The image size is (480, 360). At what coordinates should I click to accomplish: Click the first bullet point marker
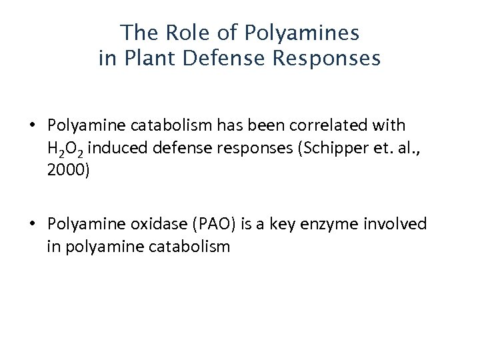32,125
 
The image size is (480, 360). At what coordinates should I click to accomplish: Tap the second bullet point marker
32,225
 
